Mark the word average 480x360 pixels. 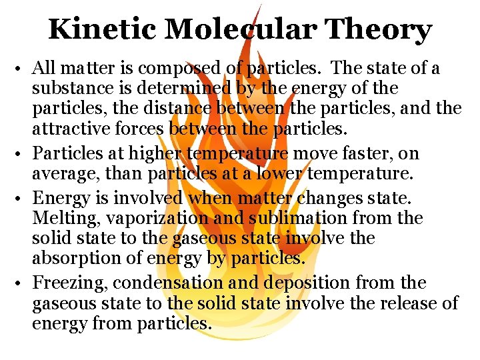(63, 174)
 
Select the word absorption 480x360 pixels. (75, 257)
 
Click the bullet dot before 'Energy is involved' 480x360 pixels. (22, 199)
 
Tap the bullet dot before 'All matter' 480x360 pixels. (22, 69)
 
